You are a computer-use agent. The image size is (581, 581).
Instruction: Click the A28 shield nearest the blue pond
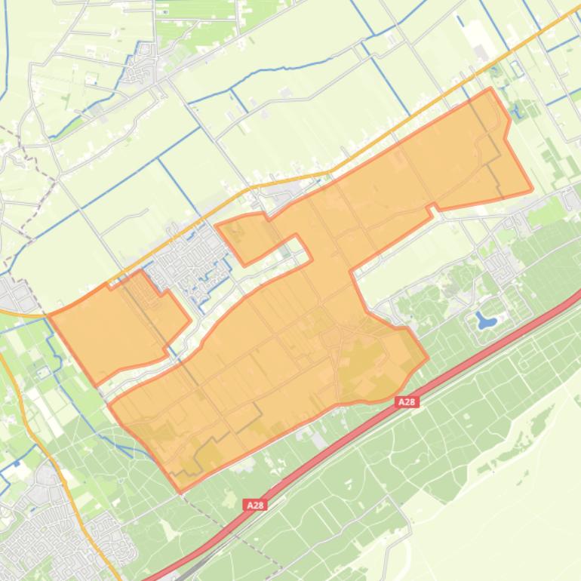407,402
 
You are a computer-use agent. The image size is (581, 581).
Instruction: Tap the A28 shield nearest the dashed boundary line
255,505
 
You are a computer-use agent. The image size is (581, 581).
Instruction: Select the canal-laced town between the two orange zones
189,264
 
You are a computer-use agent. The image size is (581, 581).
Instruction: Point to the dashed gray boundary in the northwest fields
30,151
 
